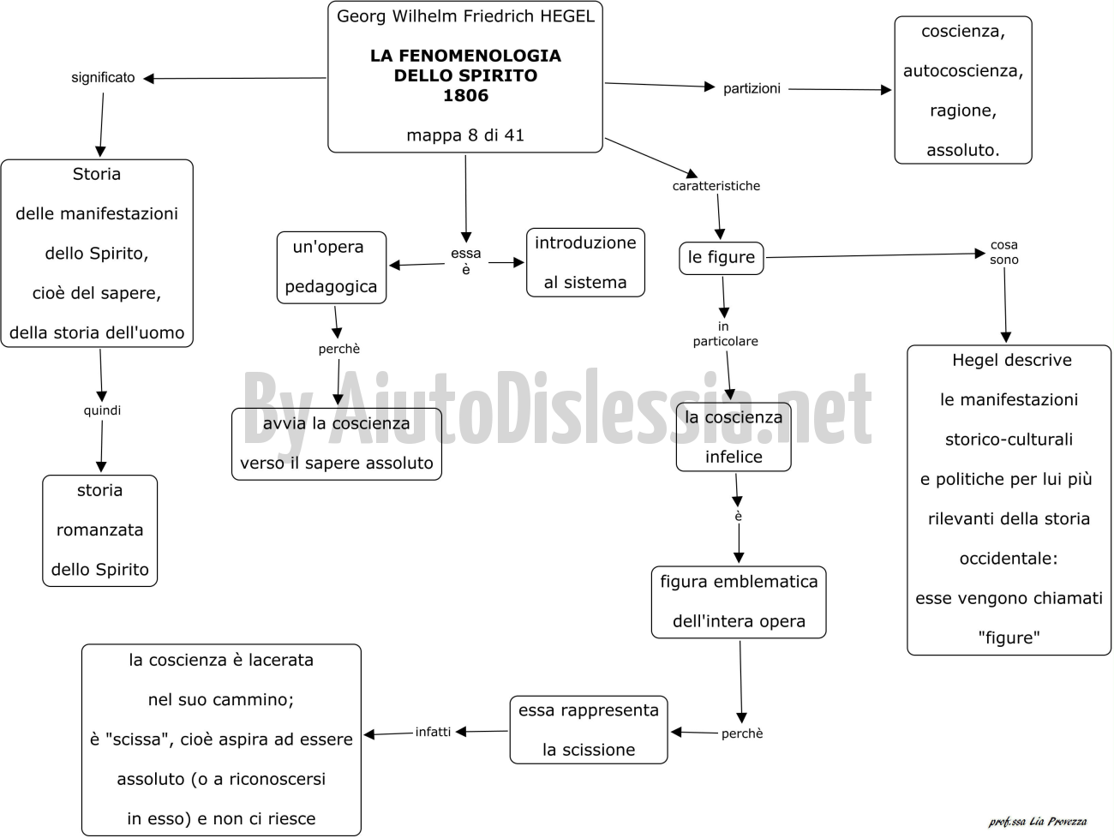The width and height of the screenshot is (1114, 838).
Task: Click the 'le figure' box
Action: (x=722, y=258)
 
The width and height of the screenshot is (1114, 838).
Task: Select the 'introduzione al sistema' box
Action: (x=585, y=262)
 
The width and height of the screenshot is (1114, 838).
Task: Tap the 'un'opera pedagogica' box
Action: (x=332, y=267)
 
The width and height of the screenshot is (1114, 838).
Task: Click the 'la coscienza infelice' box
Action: (x=734, y=437)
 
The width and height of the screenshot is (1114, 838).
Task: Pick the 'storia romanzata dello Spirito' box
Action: (x=100, y=530)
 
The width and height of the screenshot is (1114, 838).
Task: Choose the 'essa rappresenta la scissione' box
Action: (x=589, y=729)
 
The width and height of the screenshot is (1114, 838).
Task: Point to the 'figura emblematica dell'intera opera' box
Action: (x=739, y=602)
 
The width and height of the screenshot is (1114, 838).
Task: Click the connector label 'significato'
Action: (x=103, y=78)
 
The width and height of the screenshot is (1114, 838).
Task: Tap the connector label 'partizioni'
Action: (x=752, y=89)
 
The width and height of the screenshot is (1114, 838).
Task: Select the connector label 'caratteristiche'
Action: (x=716, y=186)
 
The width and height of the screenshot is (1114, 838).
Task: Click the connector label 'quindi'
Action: (x=102, y=410)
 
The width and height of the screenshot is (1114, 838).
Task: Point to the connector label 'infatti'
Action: (x=433, y=732)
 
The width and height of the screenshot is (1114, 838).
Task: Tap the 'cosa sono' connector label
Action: (x=1003, y=252)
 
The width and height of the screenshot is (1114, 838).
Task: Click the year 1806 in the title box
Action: (x=465, y=95)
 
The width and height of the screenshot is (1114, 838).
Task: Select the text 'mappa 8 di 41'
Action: (x=465, y=135)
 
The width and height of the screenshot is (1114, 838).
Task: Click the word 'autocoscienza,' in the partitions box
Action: (x=963, y=71)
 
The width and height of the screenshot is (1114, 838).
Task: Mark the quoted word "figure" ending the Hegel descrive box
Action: (x=1009, y=637)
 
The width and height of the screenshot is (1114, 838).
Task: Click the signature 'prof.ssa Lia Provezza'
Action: (x=1038, y=822)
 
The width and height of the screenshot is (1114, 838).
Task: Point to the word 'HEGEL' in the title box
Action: (x=567, y=16)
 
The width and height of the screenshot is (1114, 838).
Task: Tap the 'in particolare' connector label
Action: (x=725, y=334)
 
